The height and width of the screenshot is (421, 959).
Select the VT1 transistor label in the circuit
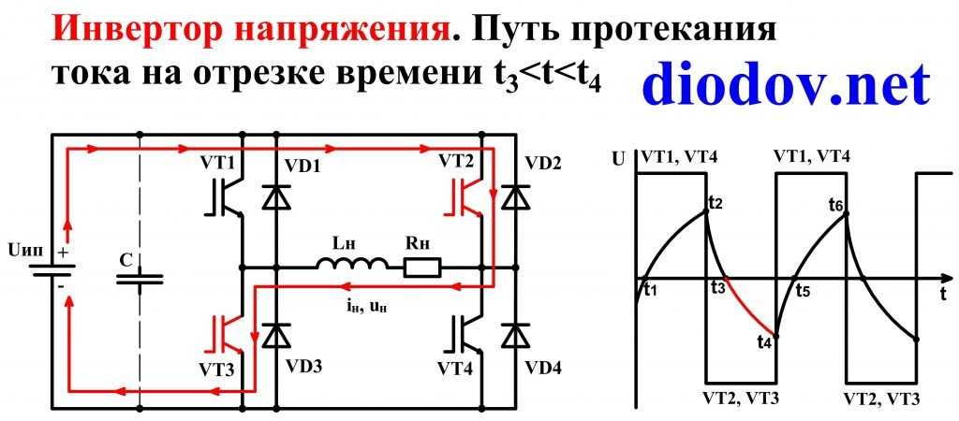(220, 162)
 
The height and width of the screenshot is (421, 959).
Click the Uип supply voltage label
(24, 251)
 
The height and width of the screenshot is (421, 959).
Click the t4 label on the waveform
(763, 341)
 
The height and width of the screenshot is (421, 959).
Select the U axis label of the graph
(617, 158)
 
